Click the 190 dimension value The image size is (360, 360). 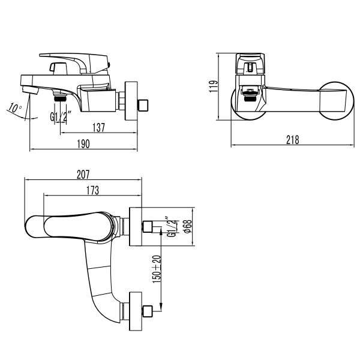click(83, 143)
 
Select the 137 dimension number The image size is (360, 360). click(100, 127)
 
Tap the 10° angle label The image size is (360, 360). click(15, 109)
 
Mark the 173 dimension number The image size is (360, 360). click(92, 190)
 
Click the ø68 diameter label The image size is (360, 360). click(187, 227)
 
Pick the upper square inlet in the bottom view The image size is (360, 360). click(147, 227)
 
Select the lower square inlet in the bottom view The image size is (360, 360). click(147, 311)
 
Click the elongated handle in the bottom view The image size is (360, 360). click(60, 226)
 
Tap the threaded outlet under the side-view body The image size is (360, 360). click(60, 95)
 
